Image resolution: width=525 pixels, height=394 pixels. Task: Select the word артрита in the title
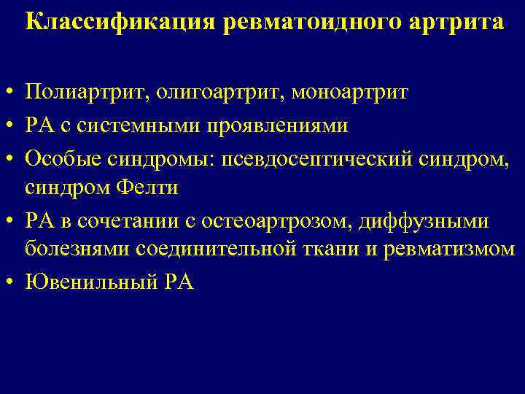(458, 22)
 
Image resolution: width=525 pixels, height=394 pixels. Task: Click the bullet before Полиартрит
(9, 93)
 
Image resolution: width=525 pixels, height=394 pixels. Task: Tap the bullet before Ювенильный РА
(9, 282)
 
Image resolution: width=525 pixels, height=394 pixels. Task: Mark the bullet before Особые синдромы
(9, 157)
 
